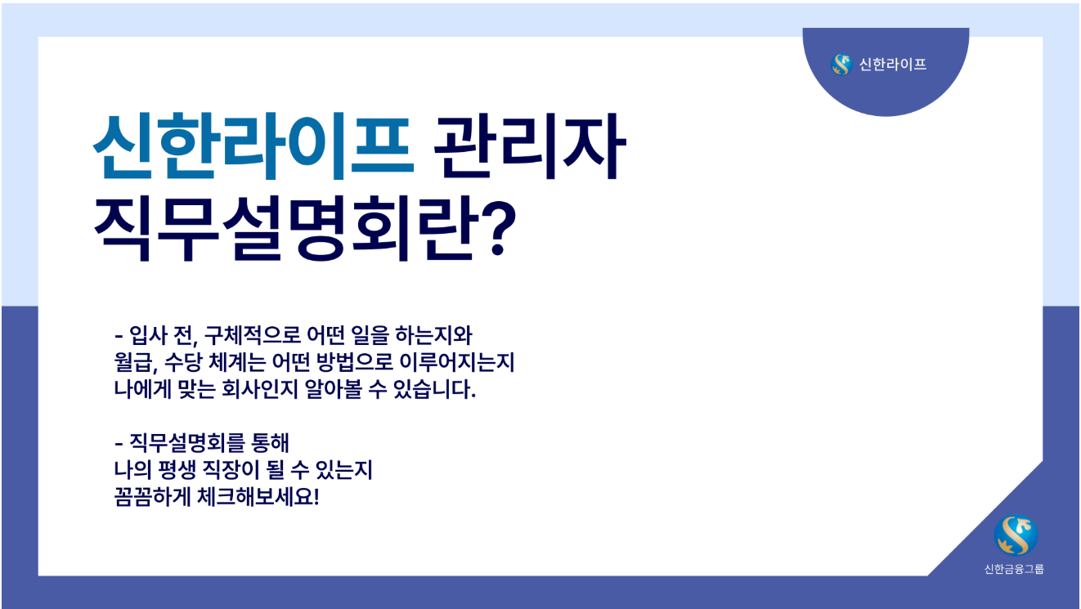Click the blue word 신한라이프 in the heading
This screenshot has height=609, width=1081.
pyautogui.click(x=253, y=146)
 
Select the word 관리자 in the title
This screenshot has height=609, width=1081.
pyautogui.click(x=530, y=146)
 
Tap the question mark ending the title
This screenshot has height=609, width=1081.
pyautogui.click(x=496, y=228)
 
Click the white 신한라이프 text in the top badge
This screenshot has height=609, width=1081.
pyautogui.click(x=892, y=65)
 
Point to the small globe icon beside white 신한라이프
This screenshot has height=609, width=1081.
pyautogui.click(x=841, y=65)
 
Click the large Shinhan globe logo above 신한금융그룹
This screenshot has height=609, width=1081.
pyautogui.click(x=1016, y=535)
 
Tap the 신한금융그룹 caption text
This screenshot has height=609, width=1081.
pyautogui.click(x=1014, y=569)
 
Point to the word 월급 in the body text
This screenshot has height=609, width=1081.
pyautogui.click(x=133, y=362)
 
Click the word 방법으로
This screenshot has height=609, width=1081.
pyautogui.click(x=355, y=362)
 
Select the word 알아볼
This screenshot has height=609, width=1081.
pyautogui.click(x=334, y=389)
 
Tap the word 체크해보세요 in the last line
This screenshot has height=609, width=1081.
pyautogui.click(x=256, y=497)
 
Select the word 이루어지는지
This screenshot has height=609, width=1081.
pyautogui.click(x=457, y=362)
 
